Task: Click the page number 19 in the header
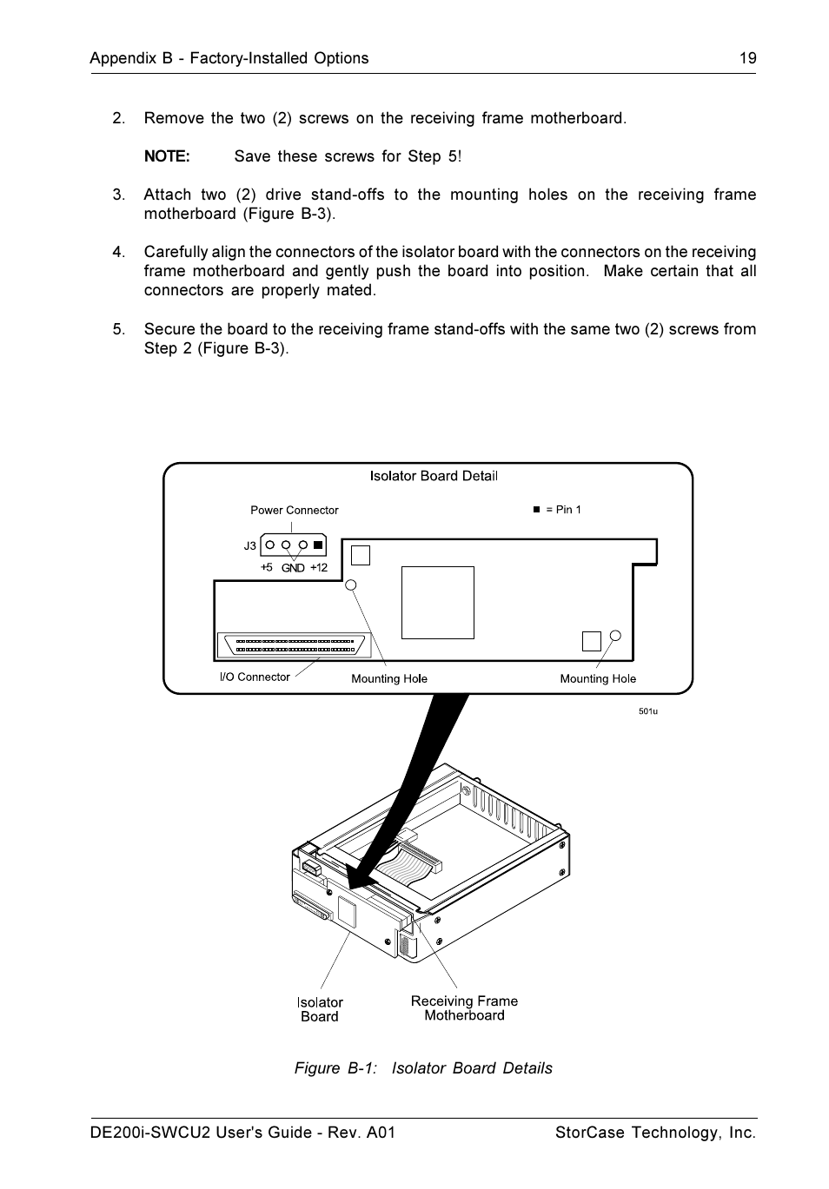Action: click(747, 58)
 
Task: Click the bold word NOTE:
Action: click(167, 156)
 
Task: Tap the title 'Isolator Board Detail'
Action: click(434, 476)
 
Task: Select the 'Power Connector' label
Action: click(295, 510)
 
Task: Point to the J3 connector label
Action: click(250, 546)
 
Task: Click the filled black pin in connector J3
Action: click(318, 545)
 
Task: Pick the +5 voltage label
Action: click(267, 567)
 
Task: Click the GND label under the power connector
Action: click(293, 568)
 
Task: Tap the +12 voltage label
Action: click(319, 567)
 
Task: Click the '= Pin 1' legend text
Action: click(563, 510)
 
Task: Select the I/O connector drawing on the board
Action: click(295, 646)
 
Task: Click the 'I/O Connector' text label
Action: click(255, 677)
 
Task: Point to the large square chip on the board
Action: click(438, 603)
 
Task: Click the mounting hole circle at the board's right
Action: click(616, 635)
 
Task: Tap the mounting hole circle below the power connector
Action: click(352, 585)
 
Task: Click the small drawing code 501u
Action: click(648, 711)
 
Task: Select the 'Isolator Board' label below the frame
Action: click(320, 1009)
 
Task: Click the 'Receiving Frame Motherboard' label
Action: click(464, 1008)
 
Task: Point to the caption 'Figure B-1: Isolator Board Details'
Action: click(423, 1068)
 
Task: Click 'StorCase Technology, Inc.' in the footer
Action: click(656, 1133)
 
